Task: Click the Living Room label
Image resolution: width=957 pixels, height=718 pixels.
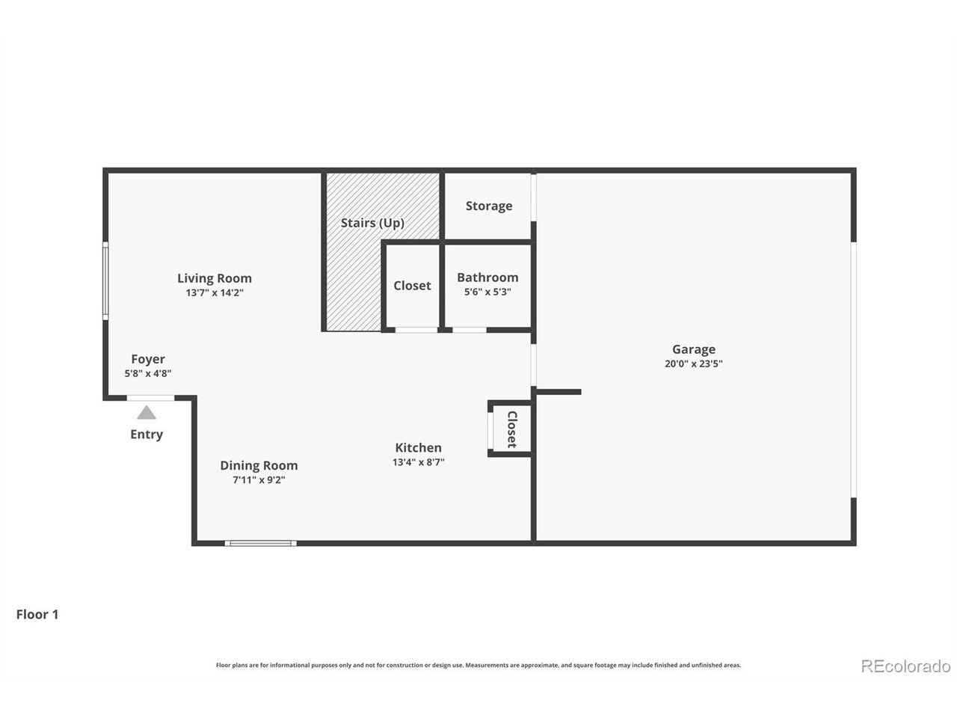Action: [215, 278]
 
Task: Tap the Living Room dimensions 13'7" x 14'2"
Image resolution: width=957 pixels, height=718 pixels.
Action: [215, 292]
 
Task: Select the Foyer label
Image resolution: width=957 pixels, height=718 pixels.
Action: [148, 359]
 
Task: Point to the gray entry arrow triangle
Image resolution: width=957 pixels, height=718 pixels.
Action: [147, 412]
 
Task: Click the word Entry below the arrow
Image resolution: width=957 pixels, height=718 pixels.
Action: [147, 435]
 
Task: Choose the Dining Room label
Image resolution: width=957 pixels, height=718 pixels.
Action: [259, 466]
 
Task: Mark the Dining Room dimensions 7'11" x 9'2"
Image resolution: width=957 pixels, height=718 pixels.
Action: [259, 480]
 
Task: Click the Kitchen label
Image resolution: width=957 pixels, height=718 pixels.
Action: [418, 448]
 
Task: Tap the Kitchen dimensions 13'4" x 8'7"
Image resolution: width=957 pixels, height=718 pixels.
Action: [418, 462]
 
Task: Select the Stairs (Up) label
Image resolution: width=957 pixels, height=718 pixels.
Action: [372, 223]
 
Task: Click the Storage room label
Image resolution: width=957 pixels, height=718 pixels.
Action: [489, 206]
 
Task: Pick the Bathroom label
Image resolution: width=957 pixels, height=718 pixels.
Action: [487, 277]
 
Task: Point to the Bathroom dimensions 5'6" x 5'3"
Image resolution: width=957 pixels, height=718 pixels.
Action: [487, 292]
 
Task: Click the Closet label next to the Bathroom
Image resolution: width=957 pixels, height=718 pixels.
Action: [412, 286]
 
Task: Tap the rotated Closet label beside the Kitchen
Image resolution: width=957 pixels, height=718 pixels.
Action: [512, 429]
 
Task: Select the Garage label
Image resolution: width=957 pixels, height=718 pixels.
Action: [694, 349]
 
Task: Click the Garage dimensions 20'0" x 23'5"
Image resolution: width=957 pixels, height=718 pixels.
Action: [694, 363]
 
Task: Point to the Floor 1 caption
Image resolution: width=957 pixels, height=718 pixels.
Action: [37, 615]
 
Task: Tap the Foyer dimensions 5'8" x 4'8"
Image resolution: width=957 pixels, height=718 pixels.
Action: [148, 374]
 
